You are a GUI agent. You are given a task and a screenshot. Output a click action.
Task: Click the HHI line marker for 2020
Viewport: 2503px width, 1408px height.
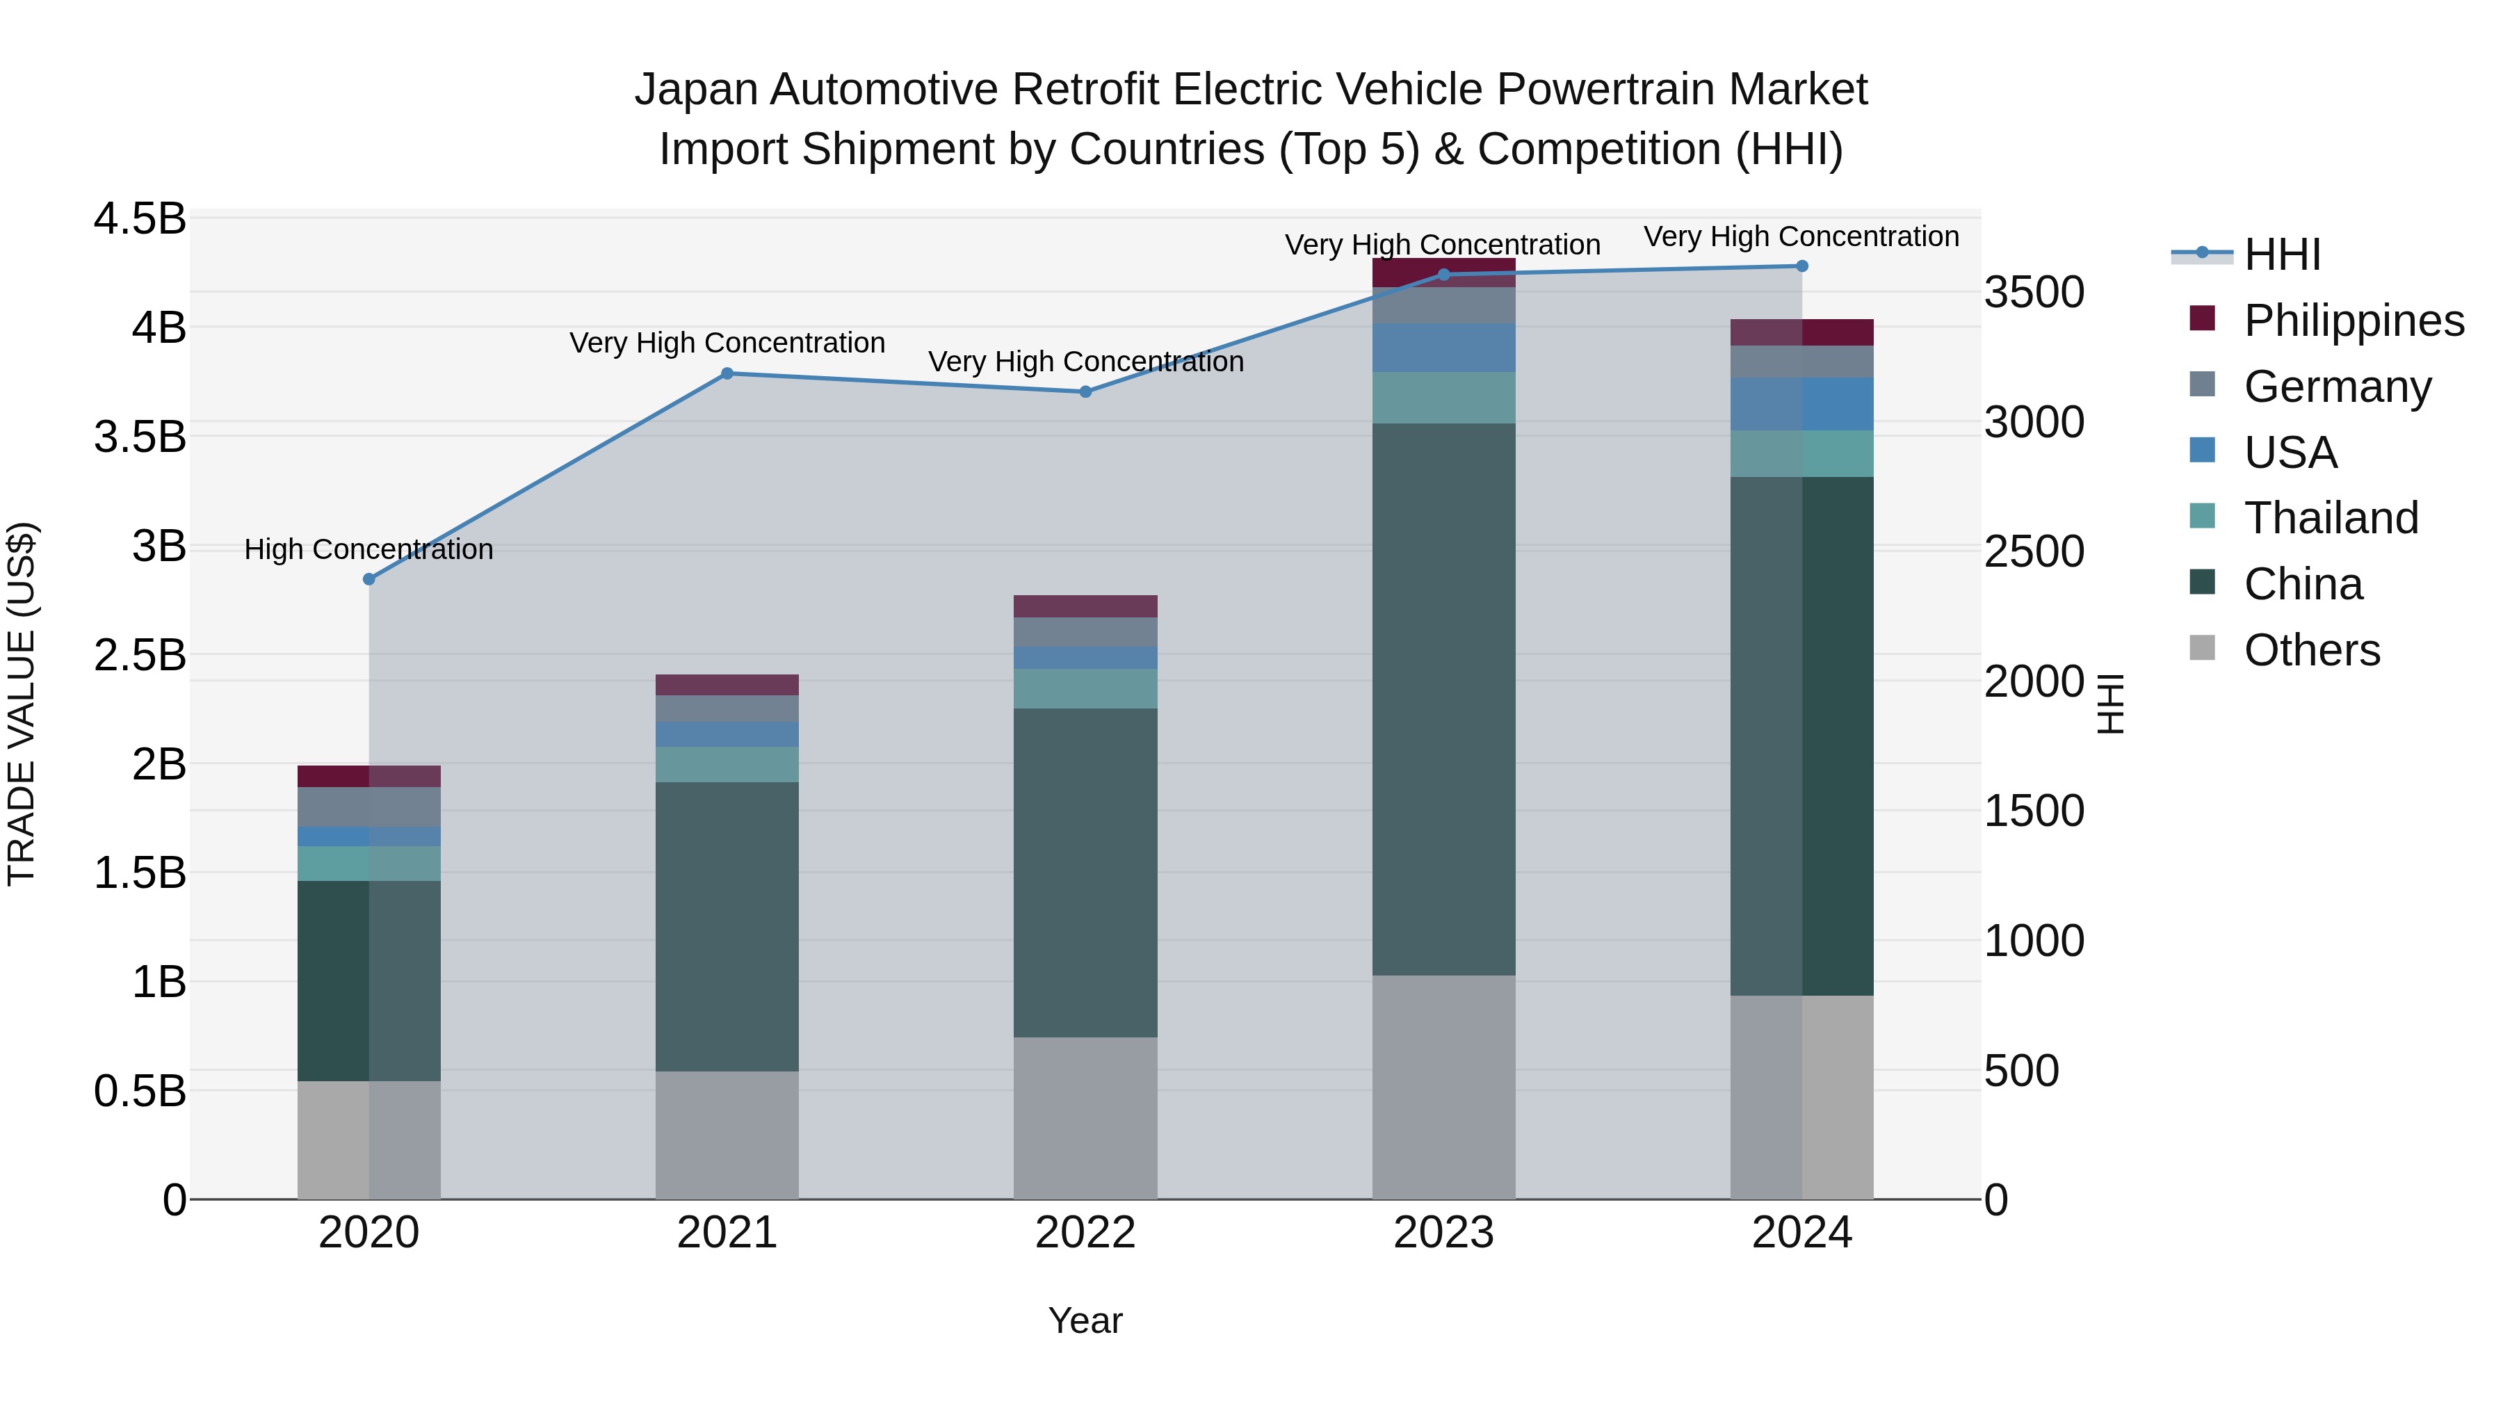click(369, 579)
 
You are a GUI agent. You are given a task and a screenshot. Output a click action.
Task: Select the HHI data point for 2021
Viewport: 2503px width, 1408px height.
click(727, 373)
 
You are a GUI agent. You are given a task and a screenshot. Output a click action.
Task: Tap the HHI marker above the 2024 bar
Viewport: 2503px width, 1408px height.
click(1801, 266)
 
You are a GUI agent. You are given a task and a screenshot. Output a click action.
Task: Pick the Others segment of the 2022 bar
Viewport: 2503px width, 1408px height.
click(1085, 1117)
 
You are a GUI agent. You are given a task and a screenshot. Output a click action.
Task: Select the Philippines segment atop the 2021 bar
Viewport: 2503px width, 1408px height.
click(727, 684)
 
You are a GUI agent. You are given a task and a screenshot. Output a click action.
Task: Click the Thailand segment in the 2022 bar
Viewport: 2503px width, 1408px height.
click(1085, 688)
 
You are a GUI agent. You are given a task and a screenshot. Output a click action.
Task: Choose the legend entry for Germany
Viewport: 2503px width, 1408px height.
click(2337, 387)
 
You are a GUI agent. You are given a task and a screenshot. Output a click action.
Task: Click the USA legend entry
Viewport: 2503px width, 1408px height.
click(2290, 453)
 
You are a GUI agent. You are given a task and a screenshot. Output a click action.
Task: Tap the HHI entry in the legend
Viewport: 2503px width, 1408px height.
click(2281, 254)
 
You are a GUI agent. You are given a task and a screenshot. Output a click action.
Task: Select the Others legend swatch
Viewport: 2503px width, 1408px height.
click(2203, 648)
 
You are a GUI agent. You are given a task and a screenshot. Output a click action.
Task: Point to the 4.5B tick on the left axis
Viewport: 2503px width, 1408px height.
click(140, 218)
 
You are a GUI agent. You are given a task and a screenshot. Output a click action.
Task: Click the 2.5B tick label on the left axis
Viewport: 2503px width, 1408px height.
click(140, 655)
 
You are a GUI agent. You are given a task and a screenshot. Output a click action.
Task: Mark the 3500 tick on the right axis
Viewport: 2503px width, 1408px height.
click(2034, 293)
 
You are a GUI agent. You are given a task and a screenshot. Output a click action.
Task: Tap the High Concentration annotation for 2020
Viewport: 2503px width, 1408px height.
click(369, 549)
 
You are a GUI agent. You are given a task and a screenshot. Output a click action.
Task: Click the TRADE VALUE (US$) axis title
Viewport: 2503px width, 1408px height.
click(22, 704)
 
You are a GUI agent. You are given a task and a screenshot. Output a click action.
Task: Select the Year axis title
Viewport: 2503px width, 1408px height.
click(1085, 1320)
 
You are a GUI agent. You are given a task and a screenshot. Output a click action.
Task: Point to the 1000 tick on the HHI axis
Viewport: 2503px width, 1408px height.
click(2034, 941)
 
